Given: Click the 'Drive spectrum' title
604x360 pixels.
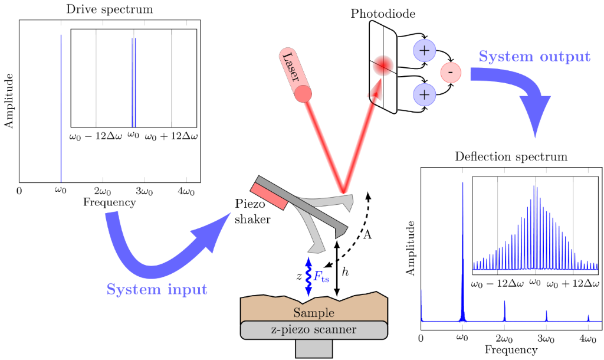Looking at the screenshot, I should pyautogui.click(x=110, y=9).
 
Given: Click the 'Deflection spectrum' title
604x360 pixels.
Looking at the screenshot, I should pyautogui.click(x=511, y=157).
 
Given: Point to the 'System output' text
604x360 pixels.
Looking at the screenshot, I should pyautogui.click(x=534, y=57).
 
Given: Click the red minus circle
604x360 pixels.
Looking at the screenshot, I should pyautogui.click(x=451, y=72).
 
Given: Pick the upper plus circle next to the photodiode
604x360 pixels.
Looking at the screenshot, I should pyautogui.click(x=424, y=50).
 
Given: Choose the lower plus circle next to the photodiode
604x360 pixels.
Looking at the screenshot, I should pyautogui.click(x=424, y=94).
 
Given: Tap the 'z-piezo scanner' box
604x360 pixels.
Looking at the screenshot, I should pyautogui.click(x=314, y=329).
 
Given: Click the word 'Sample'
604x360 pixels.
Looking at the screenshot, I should pyautogui.click(x=314, y=313).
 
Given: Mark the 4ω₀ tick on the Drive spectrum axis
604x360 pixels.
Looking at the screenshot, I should pyautogui.click(x=186, y=191).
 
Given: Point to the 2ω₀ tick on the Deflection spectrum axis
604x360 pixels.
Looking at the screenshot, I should pyautogui.click(x=504, y=338).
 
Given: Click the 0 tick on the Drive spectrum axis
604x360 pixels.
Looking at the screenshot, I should pyautogui.click(x=19, y=191).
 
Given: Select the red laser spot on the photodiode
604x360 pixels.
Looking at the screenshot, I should pyautogui.click(x=383, y=65).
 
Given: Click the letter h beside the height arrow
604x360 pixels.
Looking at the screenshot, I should pyautogui.click(x=346, y=272).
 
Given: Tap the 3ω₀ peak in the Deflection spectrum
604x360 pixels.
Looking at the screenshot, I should pyautogui.click(x=546, y=315).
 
